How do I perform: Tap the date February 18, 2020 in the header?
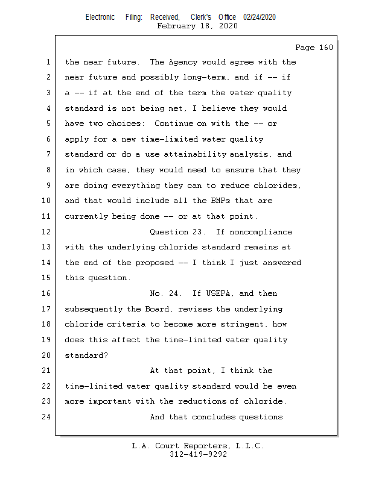(197, 26)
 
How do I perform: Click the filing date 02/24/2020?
(260, 17)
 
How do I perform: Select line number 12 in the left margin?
(47, 232)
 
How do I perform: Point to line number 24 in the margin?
(47, 417)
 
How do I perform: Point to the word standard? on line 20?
(86, 355)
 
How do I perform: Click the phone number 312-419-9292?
(197, 455)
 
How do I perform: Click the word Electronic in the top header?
(100, 17)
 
